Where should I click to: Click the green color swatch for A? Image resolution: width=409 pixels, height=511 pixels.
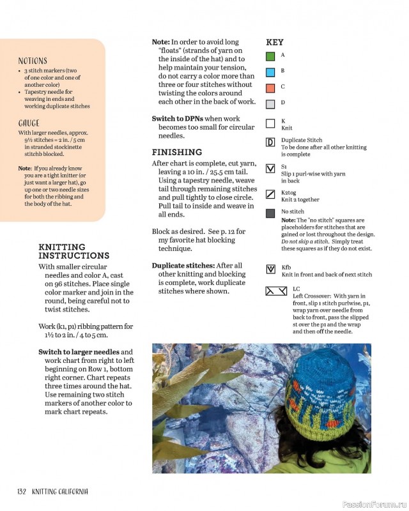point(270,56)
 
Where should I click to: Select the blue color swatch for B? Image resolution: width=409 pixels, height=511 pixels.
point(270,72)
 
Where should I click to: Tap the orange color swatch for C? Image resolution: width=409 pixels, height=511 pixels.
point(270,88)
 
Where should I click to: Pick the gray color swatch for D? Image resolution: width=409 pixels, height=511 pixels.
point(270,103)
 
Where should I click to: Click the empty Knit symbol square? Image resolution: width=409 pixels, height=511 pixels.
point(270,123)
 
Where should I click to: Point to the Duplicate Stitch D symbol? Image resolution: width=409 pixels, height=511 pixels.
point(270,142)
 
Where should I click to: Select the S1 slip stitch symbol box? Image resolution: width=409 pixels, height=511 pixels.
point(270,169)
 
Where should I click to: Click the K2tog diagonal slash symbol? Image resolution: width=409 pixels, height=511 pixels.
point(270,194)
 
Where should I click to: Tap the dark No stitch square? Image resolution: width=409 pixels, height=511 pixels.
point(270,213)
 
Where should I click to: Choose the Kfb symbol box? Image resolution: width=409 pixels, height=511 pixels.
point(270,270)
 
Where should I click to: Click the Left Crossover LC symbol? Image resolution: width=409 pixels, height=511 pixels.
point(276,291)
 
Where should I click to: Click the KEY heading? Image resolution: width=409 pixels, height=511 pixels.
point(275,42)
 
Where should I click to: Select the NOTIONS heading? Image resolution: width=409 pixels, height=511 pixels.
point(33,61)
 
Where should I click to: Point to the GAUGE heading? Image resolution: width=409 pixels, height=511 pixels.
point(29,123)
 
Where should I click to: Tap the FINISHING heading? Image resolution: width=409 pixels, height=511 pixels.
point(177,152)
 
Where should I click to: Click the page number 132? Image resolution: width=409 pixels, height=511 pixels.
point(21,491)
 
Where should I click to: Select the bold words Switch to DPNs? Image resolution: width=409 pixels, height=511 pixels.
point(176,118)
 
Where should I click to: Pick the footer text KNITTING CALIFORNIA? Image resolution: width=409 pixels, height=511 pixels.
point(60,491)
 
